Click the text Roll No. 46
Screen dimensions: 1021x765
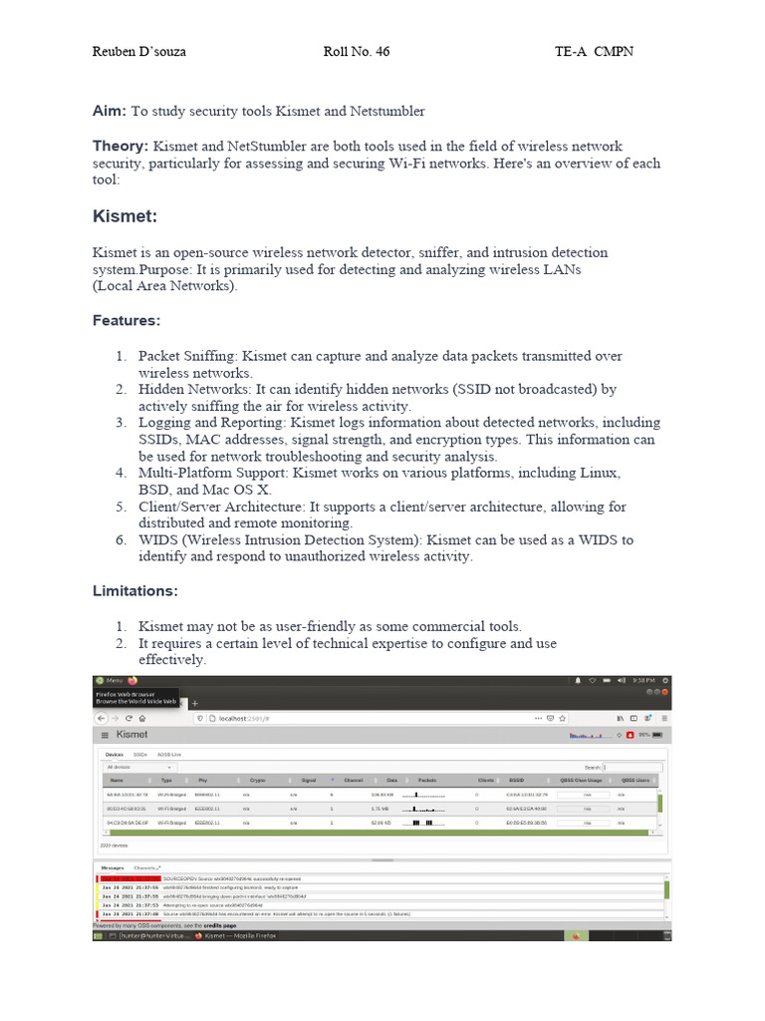[x=357, y=52]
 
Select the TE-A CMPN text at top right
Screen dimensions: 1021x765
[x=594, y=52]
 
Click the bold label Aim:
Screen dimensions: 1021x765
[x=110, y=112]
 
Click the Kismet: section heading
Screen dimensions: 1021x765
[x=125, y=216]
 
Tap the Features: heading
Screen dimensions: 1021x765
[x=127, y=321]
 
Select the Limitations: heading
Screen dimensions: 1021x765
[x=135, y=591]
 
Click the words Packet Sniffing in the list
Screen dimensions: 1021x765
[x=188, y=356]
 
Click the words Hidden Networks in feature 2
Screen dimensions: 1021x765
[x=195, y=390]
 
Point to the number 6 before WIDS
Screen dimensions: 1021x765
[x=120, y=540]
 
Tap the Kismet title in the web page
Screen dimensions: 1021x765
[x=131, y=735]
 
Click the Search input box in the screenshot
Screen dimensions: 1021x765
[x=636, y=767]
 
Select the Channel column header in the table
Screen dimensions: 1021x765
[x=353, y=780]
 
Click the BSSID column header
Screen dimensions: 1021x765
[x=516, y=780]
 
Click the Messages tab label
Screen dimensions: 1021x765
[x=113, y=867]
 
